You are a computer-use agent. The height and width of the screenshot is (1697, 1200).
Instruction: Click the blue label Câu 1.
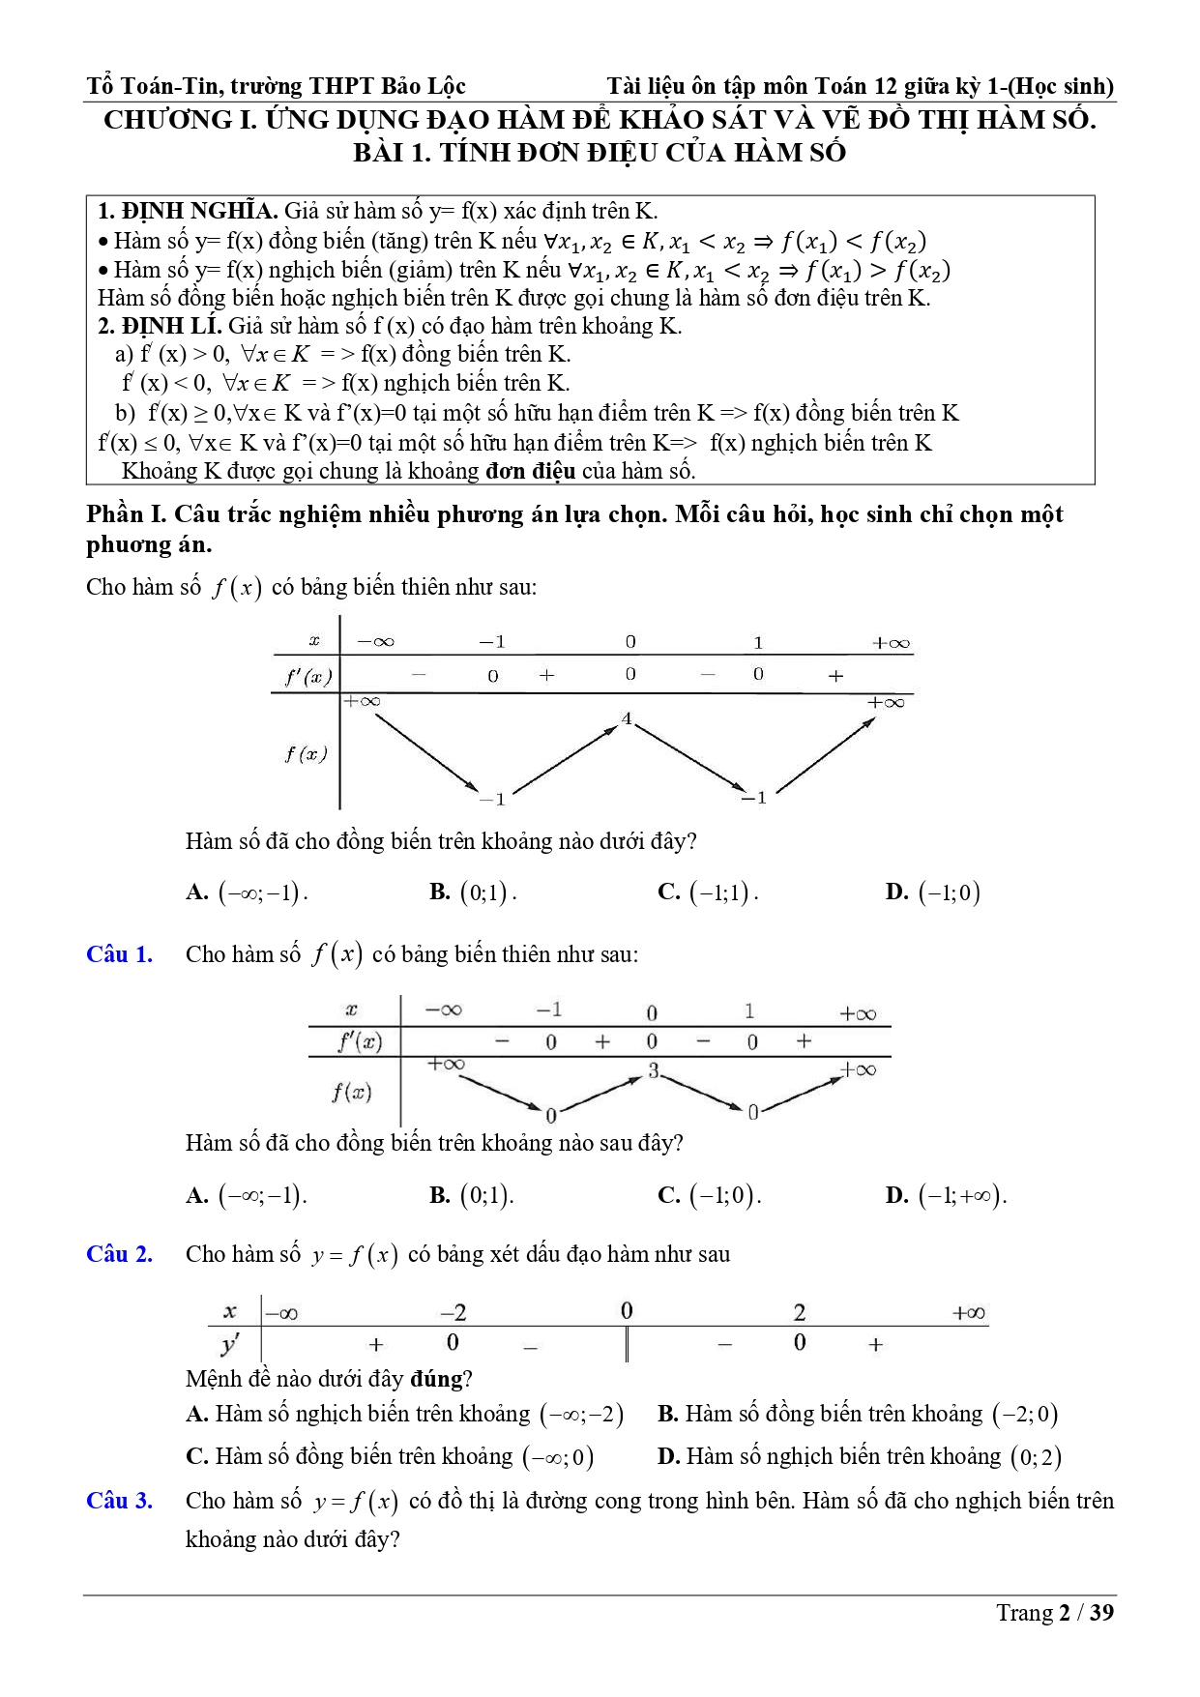click(119, 954)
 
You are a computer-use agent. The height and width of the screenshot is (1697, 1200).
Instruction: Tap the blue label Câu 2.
click(119, 1254)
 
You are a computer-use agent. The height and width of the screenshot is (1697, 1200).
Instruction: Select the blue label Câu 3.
click(119, 1501)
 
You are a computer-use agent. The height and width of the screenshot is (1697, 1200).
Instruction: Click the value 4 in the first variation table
click(627, 718)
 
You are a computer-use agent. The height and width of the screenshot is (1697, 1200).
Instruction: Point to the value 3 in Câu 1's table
click(654, 1070)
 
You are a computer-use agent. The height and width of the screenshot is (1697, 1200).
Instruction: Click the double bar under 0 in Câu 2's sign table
click(627, 1344)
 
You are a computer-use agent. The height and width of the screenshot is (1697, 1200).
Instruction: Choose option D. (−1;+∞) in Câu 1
click(946, 1195)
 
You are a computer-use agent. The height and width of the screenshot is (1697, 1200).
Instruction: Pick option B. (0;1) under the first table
click(473, 892)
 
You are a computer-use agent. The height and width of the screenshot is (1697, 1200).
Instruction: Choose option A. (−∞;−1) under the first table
click(247, 892)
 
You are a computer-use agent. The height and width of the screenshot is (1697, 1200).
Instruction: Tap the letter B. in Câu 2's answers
click(667, 1414)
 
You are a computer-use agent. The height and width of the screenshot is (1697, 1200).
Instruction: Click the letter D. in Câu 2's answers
click(667, 1456)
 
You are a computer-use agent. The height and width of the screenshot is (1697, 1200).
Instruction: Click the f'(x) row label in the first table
click(307, 677)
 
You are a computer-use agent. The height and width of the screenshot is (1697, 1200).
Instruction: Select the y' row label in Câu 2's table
click(230, 1344)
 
